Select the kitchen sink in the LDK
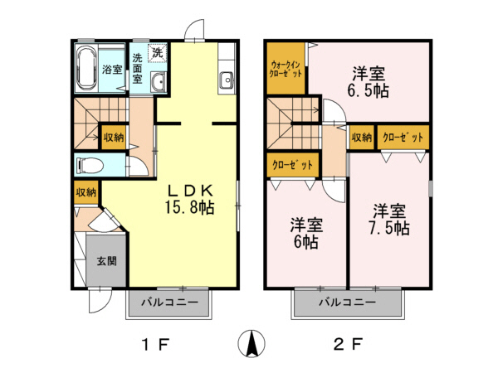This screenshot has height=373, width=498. [x=226, y=80]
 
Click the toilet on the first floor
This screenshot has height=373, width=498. [x=89, y=165]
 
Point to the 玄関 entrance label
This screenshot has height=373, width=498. [x=106, y=261]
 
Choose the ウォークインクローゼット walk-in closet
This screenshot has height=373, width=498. [x=286, y=67]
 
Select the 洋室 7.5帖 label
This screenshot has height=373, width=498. [x=388, y=219]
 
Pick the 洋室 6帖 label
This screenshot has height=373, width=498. [x=305, y=233]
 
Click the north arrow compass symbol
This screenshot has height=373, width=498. [x=250, y=342]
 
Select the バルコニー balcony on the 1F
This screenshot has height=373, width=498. [x=168, y=303]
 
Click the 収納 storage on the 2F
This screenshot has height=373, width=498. [x=362, y=137]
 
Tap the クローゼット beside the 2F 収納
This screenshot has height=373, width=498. [x=403, y=137]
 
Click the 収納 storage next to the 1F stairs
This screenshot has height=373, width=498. [x=114, y=137]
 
